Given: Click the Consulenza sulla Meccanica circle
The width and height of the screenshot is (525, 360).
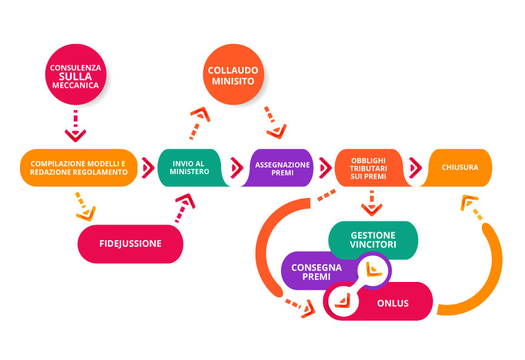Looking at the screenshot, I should [76, 77].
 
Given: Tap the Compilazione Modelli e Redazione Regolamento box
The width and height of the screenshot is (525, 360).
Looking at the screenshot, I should [79, 168].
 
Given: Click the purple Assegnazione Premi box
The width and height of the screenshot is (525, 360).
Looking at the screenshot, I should [282, 168].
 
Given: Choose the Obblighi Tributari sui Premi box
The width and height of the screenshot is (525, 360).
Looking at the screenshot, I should [368, 168].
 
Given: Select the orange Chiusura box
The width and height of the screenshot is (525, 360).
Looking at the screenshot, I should [460, 168].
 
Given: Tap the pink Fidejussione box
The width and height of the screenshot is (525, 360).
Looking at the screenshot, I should [130, 244].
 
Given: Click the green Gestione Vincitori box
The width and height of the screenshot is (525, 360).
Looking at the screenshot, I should [372, 240].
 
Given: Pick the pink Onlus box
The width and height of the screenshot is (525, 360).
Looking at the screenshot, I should [392, 303].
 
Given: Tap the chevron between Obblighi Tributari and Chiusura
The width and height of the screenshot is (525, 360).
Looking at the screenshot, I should [415, 166].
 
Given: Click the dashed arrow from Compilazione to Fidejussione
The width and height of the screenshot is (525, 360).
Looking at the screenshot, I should [84, 205].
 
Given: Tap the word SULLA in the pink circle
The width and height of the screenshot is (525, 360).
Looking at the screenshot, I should [76, 77].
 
